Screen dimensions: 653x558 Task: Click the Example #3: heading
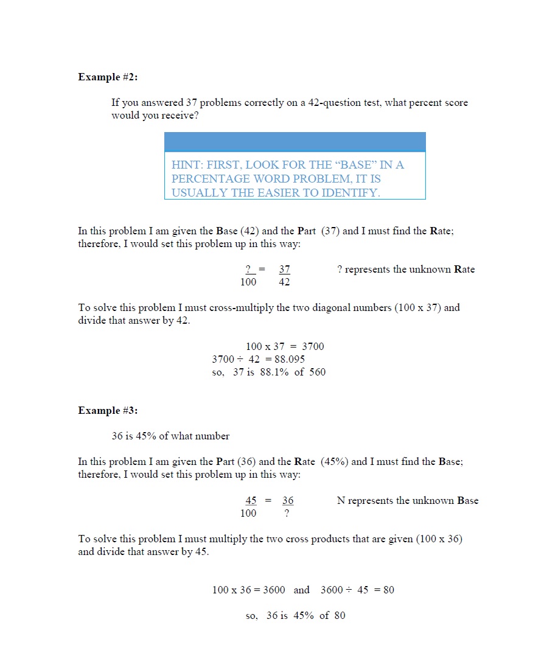tap(108, 411)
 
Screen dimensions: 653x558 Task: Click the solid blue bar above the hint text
tap(295, 142)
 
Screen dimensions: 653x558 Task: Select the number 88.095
tap(285, 359)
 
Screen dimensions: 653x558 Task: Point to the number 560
tap(317, 372)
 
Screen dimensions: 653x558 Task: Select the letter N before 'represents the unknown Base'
tap(341, 501)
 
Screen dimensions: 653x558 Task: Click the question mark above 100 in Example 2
tap(248, 270)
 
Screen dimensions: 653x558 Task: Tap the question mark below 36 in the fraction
tap(287, 513)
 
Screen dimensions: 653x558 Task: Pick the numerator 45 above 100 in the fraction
tap(251, 501)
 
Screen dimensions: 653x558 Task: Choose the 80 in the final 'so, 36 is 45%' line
tap(339, 615)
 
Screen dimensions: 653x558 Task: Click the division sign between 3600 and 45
tap(348, 590)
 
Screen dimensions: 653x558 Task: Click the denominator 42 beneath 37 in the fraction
tap(284, 282)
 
